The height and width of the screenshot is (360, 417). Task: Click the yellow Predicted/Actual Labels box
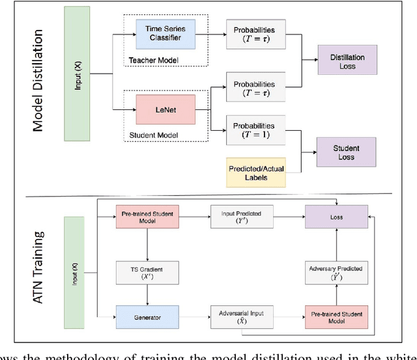click(x=255, y=169)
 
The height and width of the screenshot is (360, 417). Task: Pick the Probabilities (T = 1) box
click(x=255, y=130)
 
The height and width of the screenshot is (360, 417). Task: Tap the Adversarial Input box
click(x=237, y=316)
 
